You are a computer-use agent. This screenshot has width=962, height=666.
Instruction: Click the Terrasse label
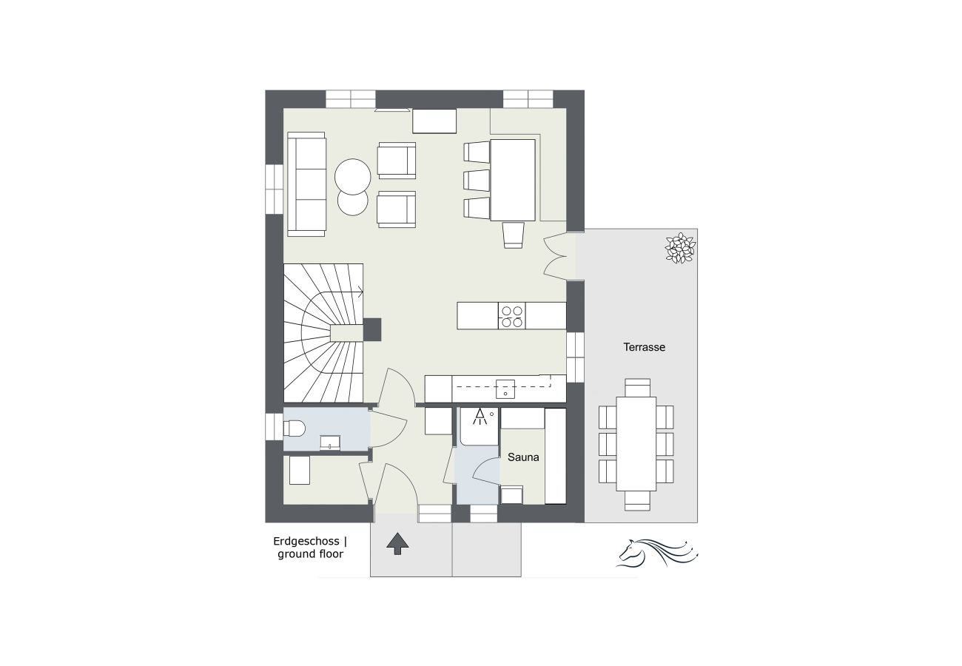644,346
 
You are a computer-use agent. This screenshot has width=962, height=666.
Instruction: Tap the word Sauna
522,457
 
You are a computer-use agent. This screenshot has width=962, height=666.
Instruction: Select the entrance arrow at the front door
397,543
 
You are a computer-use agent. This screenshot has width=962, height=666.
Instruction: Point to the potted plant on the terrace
679,248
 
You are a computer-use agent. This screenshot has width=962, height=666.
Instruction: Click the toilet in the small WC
295,428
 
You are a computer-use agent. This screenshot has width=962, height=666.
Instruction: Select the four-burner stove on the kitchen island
511,316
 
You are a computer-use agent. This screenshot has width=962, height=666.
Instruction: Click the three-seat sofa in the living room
306,184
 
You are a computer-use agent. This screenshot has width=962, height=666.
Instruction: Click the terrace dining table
636,443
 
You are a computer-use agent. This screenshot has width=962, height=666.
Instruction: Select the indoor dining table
513,179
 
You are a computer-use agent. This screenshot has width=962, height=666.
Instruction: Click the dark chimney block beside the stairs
371,329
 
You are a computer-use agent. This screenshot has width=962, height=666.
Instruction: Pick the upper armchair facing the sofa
397,160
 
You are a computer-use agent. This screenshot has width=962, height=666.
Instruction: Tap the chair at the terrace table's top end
636,387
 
